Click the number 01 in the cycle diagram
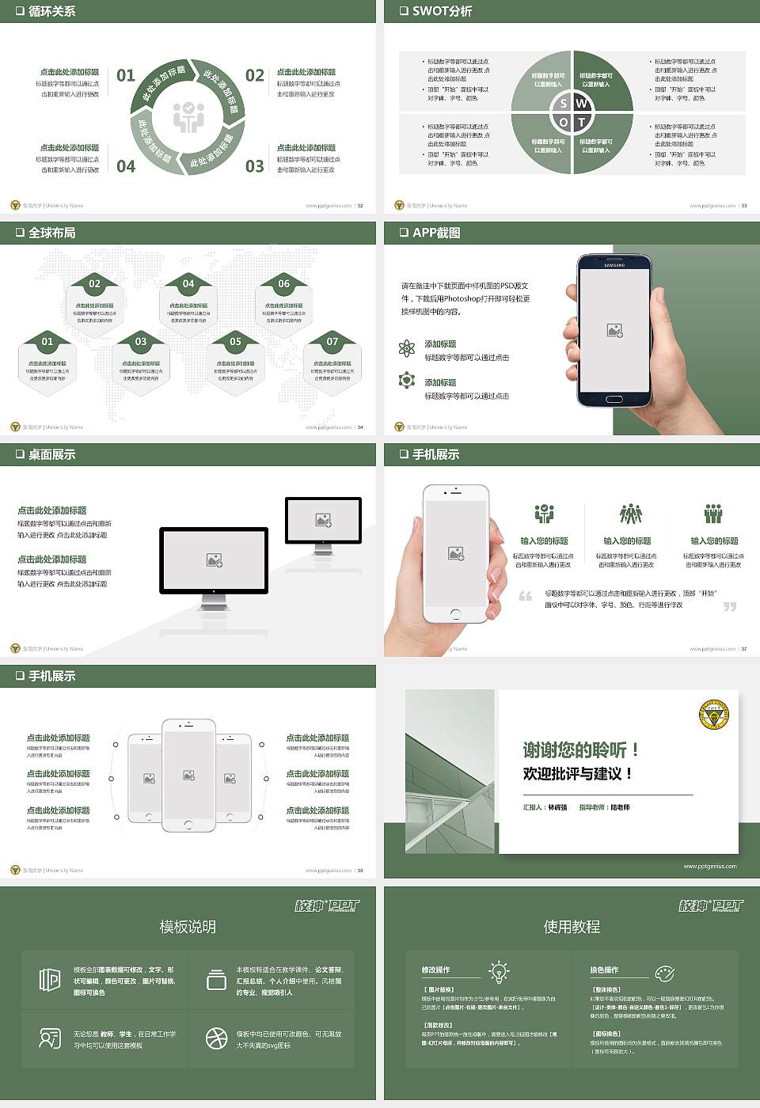126,75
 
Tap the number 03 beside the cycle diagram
255,166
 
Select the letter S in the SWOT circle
564,104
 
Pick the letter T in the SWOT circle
582,122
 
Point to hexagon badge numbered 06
283,283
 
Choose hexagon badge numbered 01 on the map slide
47,342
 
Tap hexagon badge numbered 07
332,342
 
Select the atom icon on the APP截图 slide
407,348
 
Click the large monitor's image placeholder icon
214,560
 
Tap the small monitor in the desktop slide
323,522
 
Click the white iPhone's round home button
455,613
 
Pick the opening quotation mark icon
526,596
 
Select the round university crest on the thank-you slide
714,716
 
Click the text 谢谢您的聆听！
580,749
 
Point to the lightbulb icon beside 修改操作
499,971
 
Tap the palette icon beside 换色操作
665,972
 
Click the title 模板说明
188,927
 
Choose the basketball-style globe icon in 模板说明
216,1038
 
